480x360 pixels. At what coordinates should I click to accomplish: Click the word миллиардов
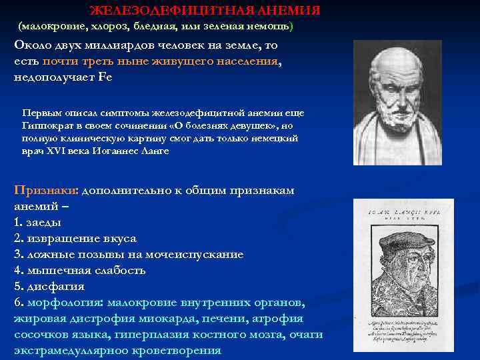pyautogui.click(x=109, y=46)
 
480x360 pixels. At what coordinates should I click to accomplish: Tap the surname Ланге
pyautogui.click(x=155, y=151)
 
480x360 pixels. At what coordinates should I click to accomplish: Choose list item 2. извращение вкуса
pyautogui.click(x=75, y=239)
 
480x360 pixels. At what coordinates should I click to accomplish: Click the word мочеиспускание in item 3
pyautogui.click(x=197, y=255)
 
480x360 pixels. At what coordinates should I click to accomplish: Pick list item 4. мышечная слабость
pyautogui.click(x=79, y=271)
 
